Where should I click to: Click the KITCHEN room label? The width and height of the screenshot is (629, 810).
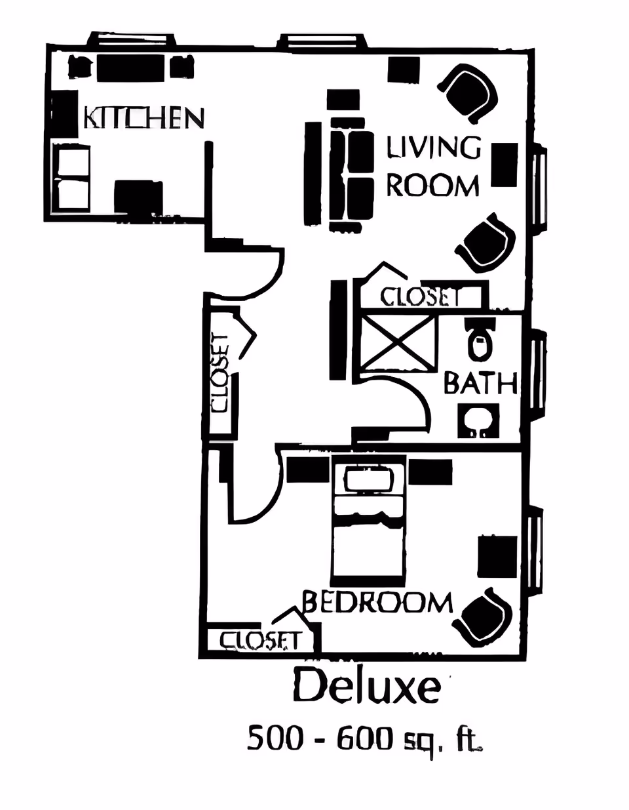click(143, 118)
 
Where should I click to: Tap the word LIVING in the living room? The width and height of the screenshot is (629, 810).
click(433, 148)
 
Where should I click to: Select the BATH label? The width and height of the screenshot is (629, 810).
click(480, 383)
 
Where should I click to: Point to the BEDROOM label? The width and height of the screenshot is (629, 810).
click(377, 601)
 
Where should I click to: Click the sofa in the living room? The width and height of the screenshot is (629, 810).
click(350, 176)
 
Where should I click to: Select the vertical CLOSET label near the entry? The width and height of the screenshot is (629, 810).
click(220, 373)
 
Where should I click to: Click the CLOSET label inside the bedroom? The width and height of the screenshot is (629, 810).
click(259, 640)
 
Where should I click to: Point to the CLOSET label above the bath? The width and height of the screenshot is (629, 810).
click(420, 297)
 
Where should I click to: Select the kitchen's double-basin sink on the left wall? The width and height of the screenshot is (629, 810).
click(71, 178)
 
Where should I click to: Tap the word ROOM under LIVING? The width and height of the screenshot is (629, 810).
click(432, 186)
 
